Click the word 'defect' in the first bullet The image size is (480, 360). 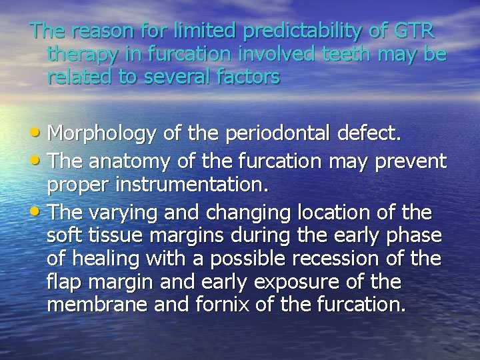(369, 135)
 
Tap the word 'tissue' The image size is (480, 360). (109, 237)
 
